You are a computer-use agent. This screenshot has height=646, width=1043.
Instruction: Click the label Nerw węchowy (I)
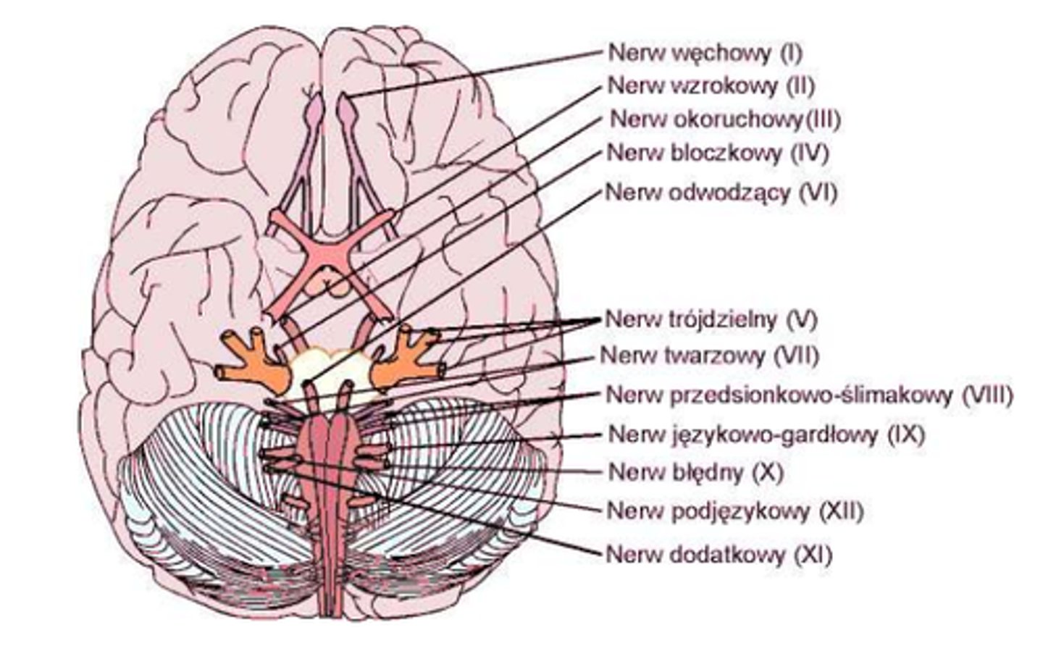tap(705, 52)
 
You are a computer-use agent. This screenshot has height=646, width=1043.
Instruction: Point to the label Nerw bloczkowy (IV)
tap(717, 153)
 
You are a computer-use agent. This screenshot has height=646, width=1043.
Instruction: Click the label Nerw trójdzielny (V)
tap(713, 319)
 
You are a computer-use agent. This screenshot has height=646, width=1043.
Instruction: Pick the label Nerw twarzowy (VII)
tap(710, 356)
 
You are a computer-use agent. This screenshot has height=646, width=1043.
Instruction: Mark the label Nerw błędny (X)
tap(696, 472)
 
